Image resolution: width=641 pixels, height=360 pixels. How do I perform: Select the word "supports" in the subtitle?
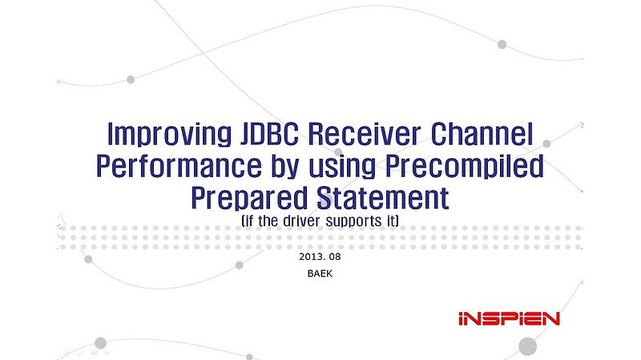click(357, 219)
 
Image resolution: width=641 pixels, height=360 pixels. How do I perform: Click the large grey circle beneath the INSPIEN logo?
click(526, 346)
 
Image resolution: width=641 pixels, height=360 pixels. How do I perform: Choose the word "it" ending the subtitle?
click(393, 219)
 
